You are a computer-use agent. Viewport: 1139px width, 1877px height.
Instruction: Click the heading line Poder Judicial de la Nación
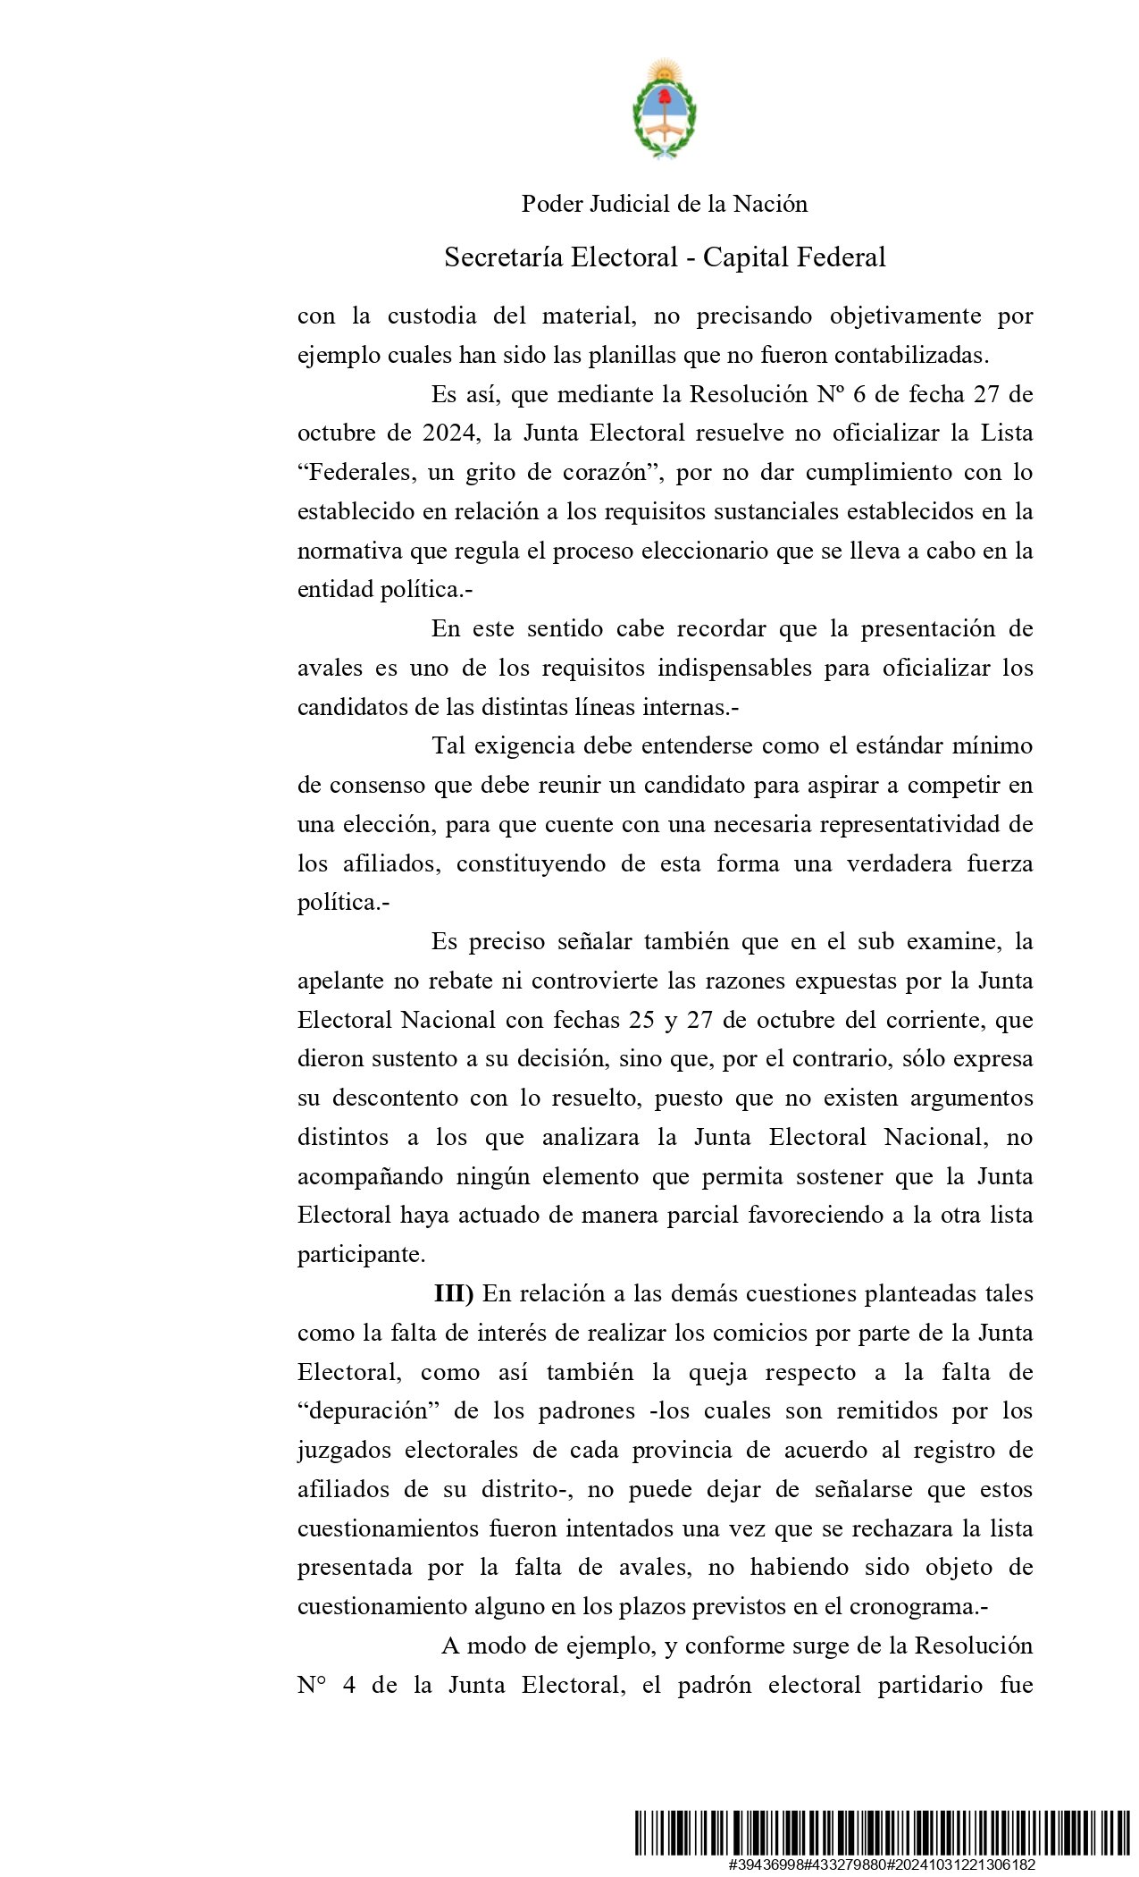[x=664, y=205]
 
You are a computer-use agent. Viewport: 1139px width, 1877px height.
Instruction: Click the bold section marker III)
[x=454, y=1294]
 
